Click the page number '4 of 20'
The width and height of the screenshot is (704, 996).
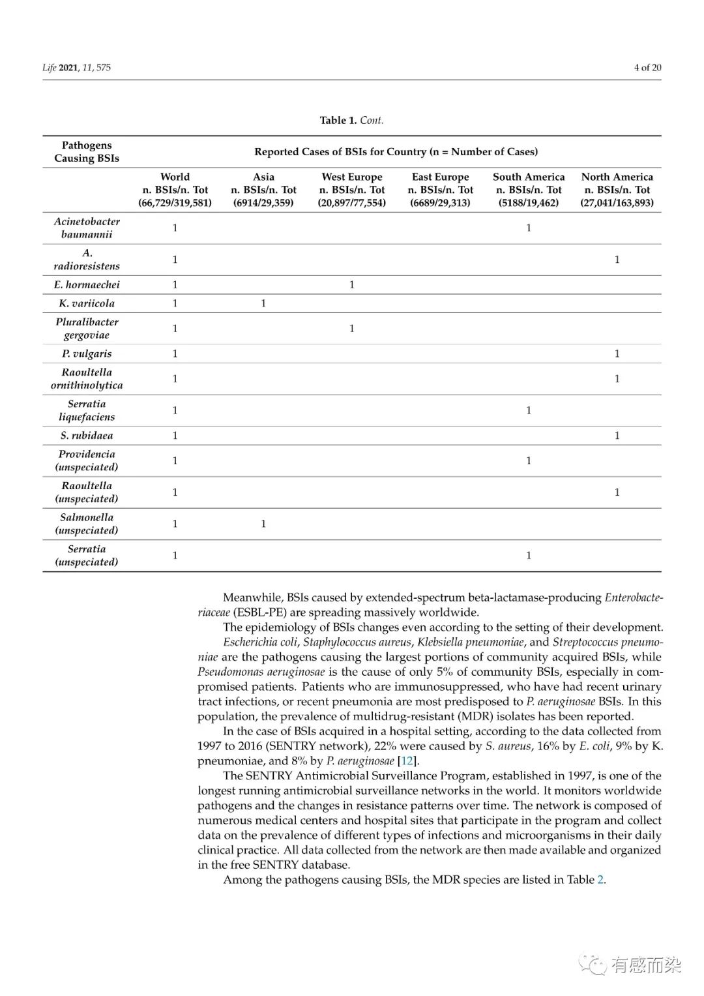point(647,67)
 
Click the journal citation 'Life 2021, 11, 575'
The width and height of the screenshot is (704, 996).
point(76,67)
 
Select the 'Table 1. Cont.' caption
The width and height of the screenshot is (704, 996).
point(351,120)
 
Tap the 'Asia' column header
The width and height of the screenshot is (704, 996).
point(263,177)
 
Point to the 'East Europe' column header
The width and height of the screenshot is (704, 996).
point(440,177)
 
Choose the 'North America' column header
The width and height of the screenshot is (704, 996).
point(617,177)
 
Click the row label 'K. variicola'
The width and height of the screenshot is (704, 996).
point(87,303)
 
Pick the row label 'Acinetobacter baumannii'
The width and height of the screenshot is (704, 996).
point(87,228)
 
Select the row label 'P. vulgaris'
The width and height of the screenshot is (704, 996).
point(87,354)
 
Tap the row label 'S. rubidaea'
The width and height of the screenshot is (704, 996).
point(87,435)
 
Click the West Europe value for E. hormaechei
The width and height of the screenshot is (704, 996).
point(352,284)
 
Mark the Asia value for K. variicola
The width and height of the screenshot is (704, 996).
point(263,303)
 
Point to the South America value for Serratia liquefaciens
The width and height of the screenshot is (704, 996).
point(529,410)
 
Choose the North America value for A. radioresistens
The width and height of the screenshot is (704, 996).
point(617,260)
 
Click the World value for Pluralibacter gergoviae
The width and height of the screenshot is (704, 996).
point(175,328)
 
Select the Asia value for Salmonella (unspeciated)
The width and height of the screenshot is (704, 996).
point(263,524)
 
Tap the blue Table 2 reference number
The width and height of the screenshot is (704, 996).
point(600,880)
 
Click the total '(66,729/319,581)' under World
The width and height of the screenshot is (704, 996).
point(175,203)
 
